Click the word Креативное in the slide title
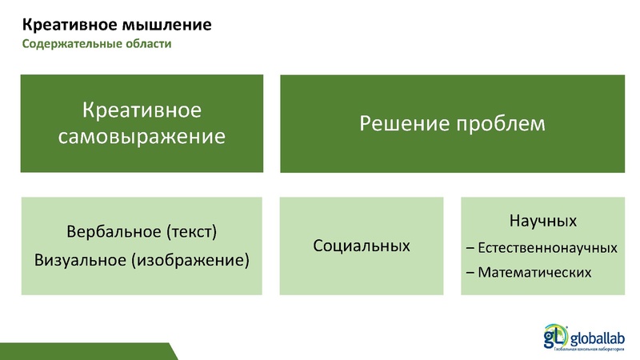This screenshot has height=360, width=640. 59,25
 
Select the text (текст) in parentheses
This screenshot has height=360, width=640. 190,233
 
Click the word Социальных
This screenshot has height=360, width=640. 362,246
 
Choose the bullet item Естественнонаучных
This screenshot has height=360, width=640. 547,247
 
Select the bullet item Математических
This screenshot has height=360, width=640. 535,272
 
